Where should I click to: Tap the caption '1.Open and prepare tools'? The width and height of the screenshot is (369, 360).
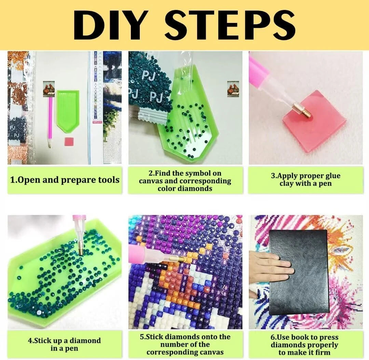[x=65, y=180]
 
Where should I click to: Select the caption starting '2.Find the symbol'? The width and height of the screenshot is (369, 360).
[x=185, y=181]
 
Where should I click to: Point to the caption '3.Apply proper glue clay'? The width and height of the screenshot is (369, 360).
[x=306, y=179]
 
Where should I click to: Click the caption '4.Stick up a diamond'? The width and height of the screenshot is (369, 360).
[x=64, y=344]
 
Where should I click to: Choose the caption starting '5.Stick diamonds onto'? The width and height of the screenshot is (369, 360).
[x=185, y=344]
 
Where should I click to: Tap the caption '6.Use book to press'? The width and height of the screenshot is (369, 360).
[x=304, y=345]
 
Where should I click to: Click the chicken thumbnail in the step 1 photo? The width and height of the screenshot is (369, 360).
[x=49, y=89]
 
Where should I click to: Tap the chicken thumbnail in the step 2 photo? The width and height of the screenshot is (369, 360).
[x=233, y=89]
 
